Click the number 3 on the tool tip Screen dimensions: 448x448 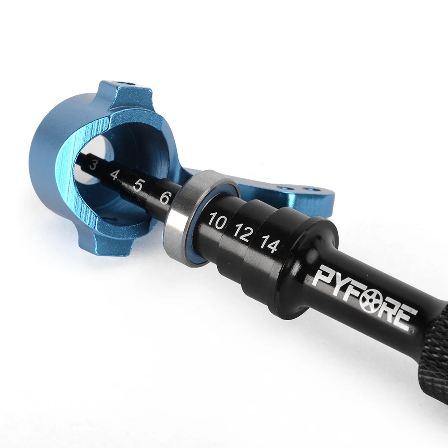coord(92,165)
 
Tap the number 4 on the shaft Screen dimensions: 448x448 coord(114,175)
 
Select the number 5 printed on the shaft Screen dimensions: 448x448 coord(138,186)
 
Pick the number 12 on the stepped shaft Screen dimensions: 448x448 coord(243,233)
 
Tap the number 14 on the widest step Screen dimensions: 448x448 coord(269,244)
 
